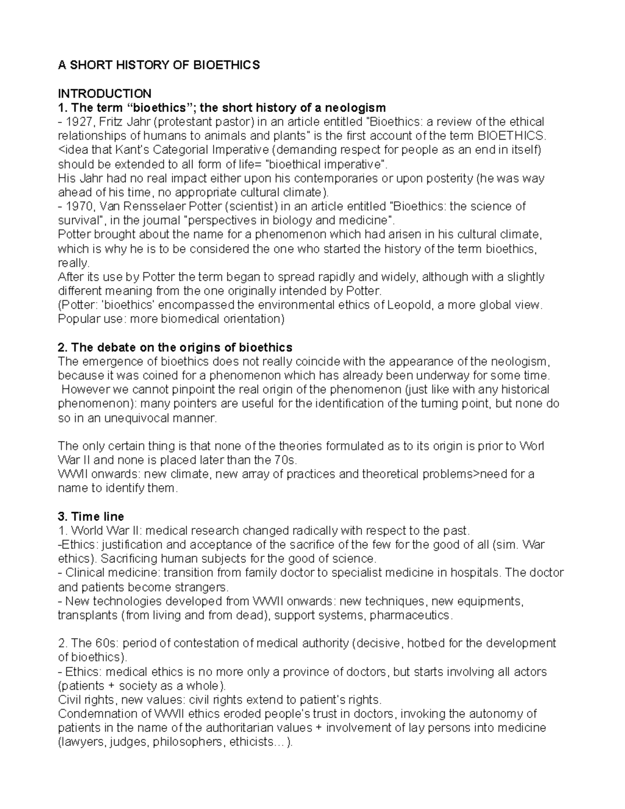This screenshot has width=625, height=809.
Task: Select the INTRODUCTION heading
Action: point(104,93)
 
